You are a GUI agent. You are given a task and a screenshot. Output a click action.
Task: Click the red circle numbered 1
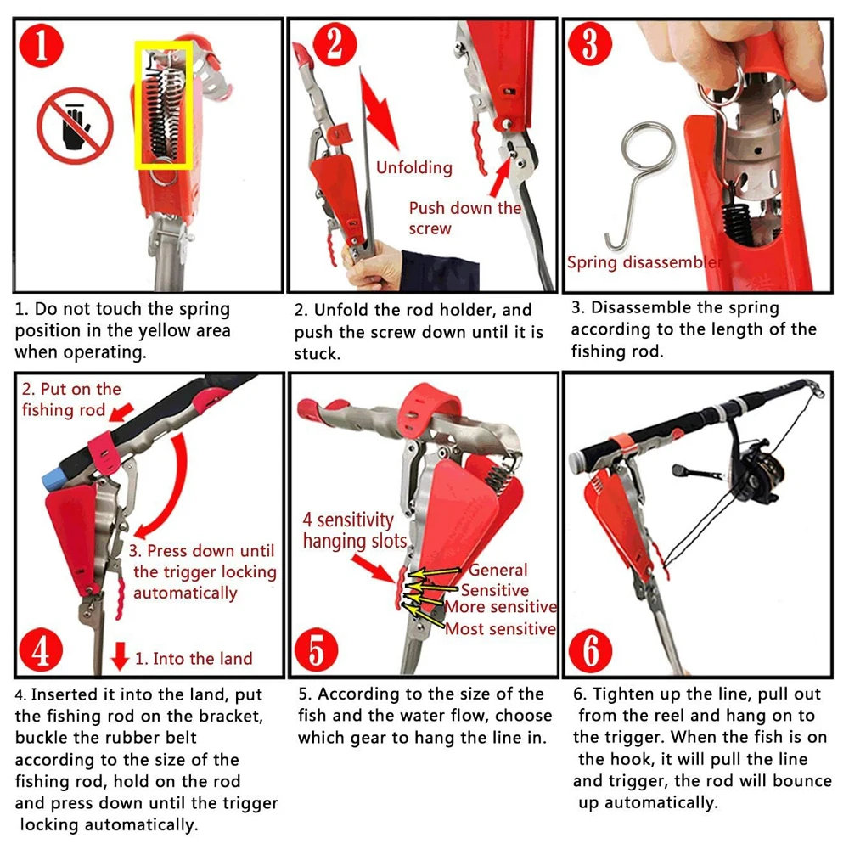pyautogui.click(x=41, y=45)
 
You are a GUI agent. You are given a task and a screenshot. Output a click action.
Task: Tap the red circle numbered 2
pyautogui.click(x=335, y=44)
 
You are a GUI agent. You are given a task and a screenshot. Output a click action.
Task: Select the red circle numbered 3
pyautogui.click(x=590, y=44)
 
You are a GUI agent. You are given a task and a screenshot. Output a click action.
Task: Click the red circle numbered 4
pyautogui.click(x=41, y=649)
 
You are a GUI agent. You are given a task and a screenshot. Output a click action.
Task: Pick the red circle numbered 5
pyautogui.click(x=316, y=650)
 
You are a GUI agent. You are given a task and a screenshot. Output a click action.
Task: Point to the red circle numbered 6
pyautogui.click(x=590, y=650)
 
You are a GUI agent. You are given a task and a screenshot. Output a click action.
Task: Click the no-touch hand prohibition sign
pyautogui.click(x=75, y=126)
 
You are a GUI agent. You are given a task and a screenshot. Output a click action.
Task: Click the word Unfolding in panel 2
pyautogui.click(x=414, y=168)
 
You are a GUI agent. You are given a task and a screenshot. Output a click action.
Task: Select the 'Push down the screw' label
pyautogui.click(x=464, y=217)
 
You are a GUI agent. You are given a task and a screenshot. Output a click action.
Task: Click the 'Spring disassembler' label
pyautogui.click(x=644, y=262)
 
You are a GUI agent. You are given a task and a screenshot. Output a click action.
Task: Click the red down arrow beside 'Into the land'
pyautogui.click(x=120, y=655)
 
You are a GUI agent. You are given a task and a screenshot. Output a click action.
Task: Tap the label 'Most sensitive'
pyautogui.click(x=500, y=628)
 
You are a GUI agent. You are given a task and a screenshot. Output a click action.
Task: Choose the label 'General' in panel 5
pyautogui.click(x=498, y=570)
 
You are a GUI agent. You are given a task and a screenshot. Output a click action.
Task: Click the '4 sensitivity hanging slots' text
pyautogui.click(x=355, y=530)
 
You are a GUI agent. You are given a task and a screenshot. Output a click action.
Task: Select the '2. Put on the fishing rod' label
pyautogui.click(x=71, y=400)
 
